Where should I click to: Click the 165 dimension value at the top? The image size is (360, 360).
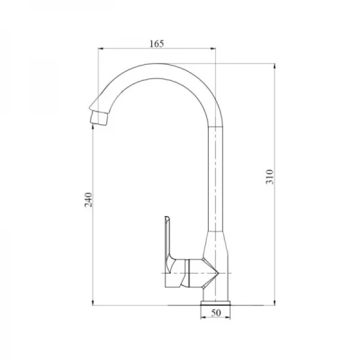156,43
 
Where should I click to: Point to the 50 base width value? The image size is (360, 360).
216,313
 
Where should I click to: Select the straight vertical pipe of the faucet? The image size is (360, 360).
216,180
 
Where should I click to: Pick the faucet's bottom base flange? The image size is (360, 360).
216,300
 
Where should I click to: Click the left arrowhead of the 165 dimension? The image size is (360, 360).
100,49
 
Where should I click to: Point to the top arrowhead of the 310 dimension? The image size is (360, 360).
274,64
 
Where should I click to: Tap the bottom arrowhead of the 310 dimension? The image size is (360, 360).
274,304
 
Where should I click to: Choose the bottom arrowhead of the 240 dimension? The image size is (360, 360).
93,304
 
